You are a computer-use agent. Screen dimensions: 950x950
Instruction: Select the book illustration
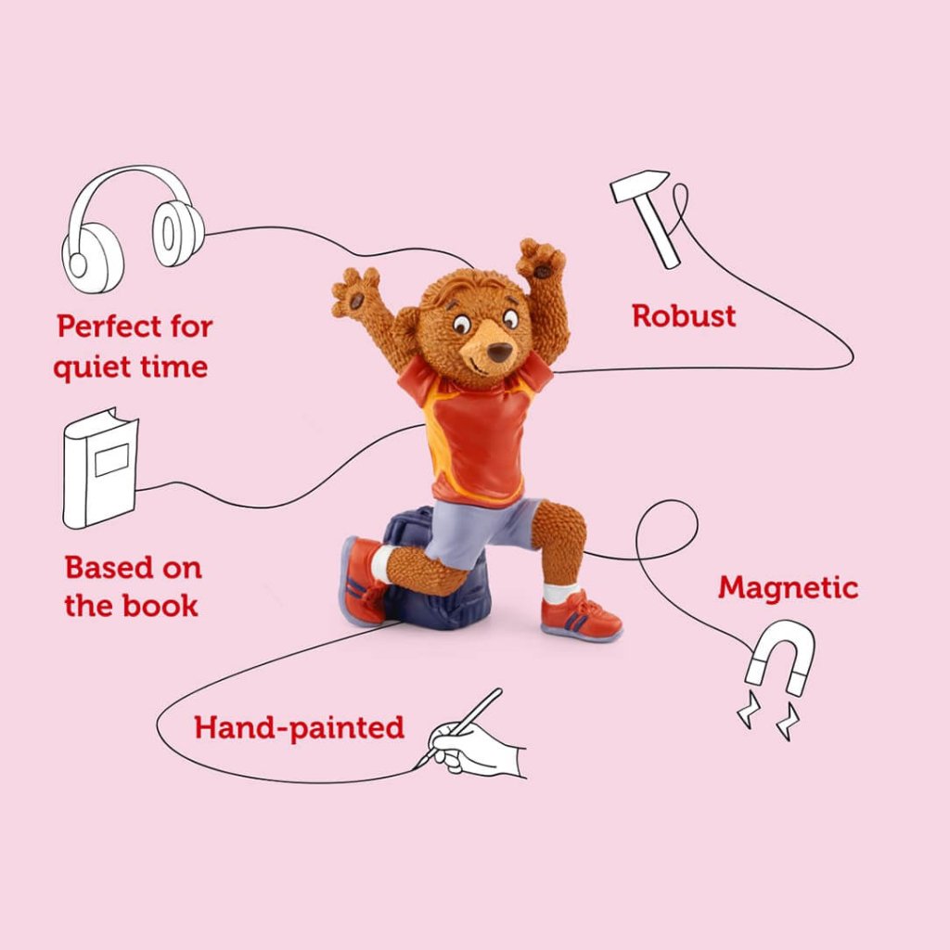tap(100, 468)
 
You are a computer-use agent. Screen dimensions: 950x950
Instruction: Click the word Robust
tap(684, 316)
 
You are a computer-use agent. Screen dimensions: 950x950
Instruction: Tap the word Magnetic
tap(789, 587)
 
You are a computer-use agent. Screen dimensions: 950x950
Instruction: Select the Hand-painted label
tap(299, 727)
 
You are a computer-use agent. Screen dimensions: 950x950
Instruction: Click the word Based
tap(109, 568)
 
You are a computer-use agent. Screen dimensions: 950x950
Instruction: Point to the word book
tap(160, 605)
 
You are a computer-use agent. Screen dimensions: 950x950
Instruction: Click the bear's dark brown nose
tap(500, 352)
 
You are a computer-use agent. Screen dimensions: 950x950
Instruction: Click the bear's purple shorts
tap(479, 530)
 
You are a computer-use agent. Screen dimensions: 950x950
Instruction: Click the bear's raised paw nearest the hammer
tap(541, 259)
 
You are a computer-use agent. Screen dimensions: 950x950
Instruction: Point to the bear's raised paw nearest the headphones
tap(355, 291)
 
